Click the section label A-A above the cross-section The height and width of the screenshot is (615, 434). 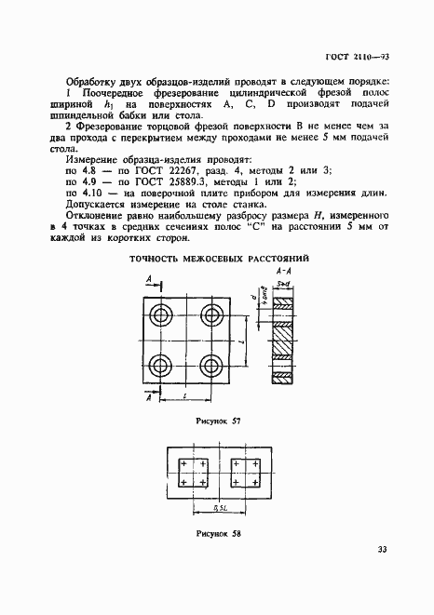285,270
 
